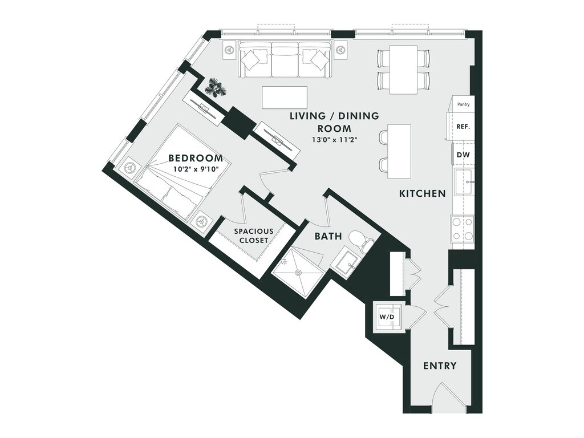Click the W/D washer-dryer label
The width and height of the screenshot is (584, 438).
tap(387, 315)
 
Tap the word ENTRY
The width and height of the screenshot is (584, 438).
tap(439, 366)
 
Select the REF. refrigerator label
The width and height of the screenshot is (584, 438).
tap(463, 127)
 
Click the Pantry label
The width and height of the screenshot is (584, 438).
tap(463, 105)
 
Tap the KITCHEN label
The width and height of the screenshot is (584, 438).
tap(422, 194)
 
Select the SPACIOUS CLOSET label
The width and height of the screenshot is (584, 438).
tap(253, 236)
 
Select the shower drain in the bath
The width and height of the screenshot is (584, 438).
tap(297, 273)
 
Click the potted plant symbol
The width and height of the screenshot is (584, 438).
tap(216, 87)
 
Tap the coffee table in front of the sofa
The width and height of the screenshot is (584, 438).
tap(285, 97)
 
